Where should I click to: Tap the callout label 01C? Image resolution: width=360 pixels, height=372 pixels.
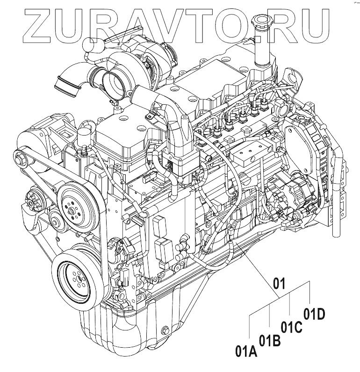[x=291, y=326]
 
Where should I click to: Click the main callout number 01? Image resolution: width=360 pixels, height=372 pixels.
[x=279, y=283]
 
